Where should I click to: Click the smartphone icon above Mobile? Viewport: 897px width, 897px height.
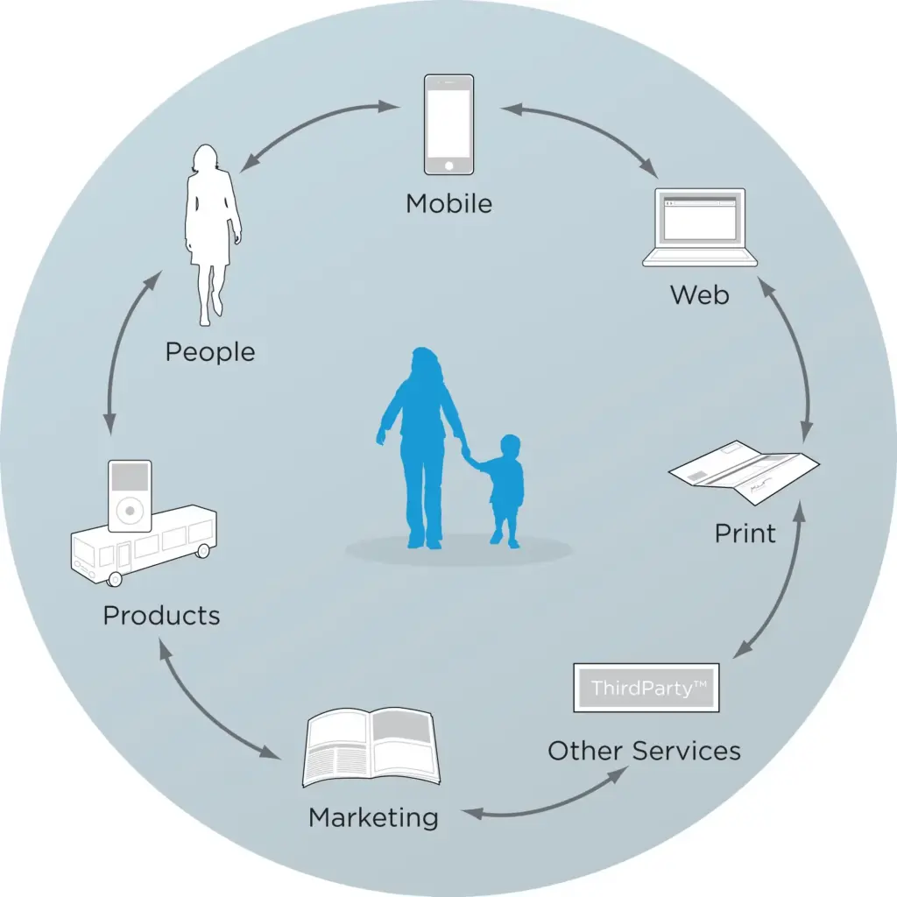[x=448, y=124]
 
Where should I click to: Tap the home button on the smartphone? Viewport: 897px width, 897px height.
[x=448, y=165]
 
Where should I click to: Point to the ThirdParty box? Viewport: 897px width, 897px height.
[x=646, y=688]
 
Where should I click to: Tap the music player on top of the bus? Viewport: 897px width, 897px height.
[x=131, y=495]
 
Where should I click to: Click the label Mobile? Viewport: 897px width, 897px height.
[x=448, y=204]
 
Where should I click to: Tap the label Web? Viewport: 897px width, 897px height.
[x=699, y=294]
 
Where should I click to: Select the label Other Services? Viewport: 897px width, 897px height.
[x=644, y=751]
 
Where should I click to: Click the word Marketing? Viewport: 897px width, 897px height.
[x=373, y=817]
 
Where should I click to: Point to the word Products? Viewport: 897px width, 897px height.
[x=161, y=615]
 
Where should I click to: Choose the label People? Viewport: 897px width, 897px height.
[x=210, y=352]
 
